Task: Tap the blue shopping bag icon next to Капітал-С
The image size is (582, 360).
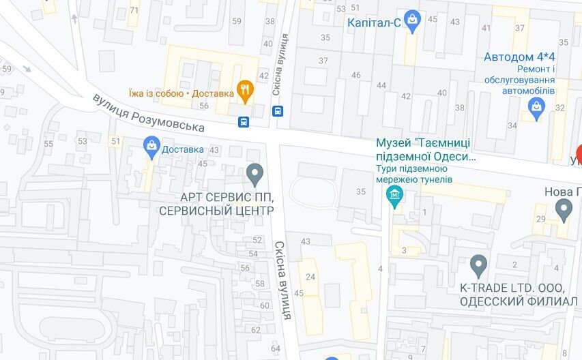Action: (x=412, y=21)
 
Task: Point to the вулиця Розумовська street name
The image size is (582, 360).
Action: (x=149, y=113)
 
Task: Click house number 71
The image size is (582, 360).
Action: (x=134, y=10)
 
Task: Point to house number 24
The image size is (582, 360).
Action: (x=310, y=276)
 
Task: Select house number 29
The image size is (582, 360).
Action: (x=541, y=219)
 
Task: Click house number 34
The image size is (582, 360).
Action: (x=512, y=125)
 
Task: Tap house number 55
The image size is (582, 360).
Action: (x=48, y=144)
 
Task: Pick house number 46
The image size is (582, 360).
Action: (x=355, y=75)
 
